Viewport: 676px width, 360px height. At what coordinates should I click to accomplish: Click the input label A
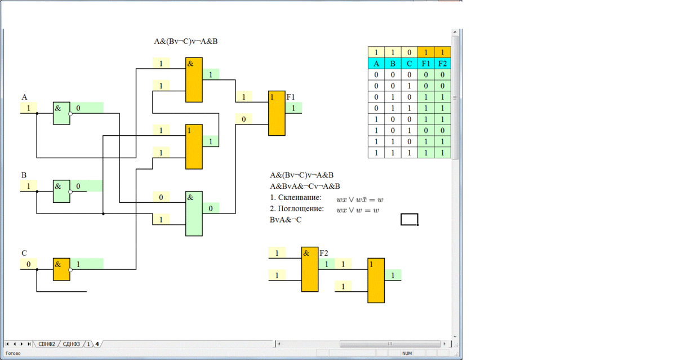[x=24, y=97]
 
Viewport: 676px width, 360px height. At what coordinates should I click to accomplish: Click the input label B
[x=24, y=175]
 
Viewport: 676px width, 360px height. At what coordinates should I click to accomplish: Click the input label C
[x=24, y=254]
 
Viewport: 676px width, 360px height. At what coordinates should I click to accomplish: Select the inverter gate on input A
[x=61, y=113]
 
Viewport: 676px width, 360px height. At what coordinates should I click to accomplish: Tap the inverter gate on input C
[x=61, y=269]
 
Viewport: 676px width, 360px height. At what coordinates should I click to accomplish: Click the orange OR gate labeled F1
[x=277, y=113]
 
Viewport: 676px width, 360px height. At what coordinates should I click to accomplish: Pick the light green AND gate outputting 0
[x=194, y=214]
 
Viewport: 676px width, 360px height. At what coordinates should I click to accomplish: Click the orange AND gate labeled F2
[x=310, y=269]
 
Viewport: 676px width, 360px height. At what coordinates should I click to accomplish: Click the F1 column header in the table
[x=426, y=63]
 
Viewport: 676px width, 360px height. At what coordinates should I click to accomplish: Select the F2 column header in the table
[x=442, y=63]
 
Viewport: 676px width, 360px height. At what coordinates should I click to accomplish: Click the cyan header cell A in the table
[x=376, y=63]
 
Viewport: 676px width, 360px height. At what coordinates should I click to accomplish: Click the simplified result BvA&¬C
[x=286, y=220]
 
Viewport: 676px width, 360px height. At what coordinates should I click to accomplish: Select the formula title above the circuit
[x=186, y=41]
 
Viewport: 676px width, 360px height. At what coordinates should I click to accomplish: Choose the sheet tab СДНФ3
[x=72, y=344]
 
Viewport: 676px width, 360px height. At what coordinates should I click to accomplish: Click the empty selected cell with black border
[x=409, y=219]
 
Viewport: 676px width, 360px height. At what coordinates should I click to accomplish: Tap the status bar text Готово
[x=13, y=354]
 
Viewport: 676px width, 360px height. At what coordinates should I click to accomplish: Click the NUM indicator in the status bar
[x=407, y=354]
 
